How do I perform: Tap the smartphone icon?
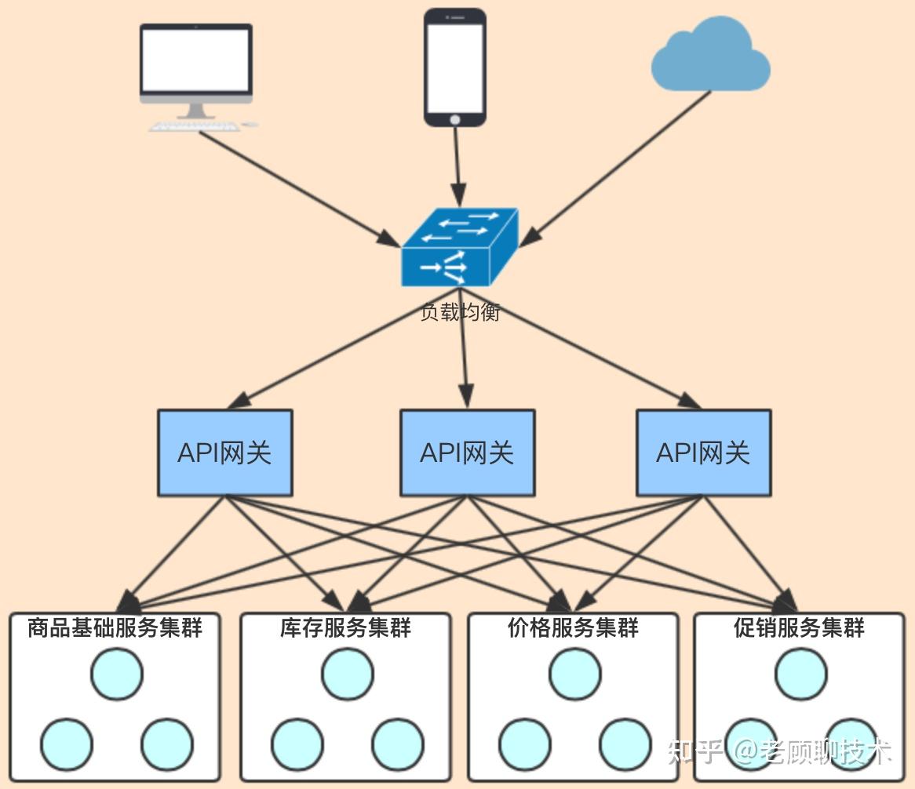tap(455, 67)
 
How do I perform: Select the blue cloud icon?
tap(711, 54)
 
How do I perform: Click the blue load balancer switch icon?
tap(460, 247)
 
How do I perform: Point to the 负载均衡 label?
tap(461, 313)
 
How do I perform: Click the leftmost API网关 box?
tap(224, 453)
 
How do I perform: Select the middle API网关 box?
tap(468, 453)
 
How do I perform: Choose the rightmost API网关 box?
tap(704, 453)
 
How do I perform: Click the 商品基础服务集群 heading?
tap(115, 628)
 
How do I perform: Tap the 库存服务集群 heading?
tap(345, 628)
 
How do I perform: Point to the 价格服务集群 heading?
tap(573, 628)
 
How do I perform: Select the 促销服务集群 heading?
tap(800, 628)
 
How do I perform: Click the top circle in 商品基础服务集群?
tap(117, 674)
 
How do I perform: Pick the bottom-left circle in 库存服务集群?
tap(297, 744)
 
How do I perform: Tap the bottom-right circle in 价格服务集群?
tap(625, 744)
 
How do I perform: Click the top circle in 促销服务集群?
tap(801, 674)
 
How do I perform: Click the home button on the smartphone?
tap(455, 119)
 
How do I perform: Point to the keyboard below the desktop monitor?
tap(195, 126)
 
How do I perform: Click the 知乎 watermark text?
tap(695, 751)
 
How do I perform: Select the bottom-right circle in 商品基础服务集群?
tap(167, 744)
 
